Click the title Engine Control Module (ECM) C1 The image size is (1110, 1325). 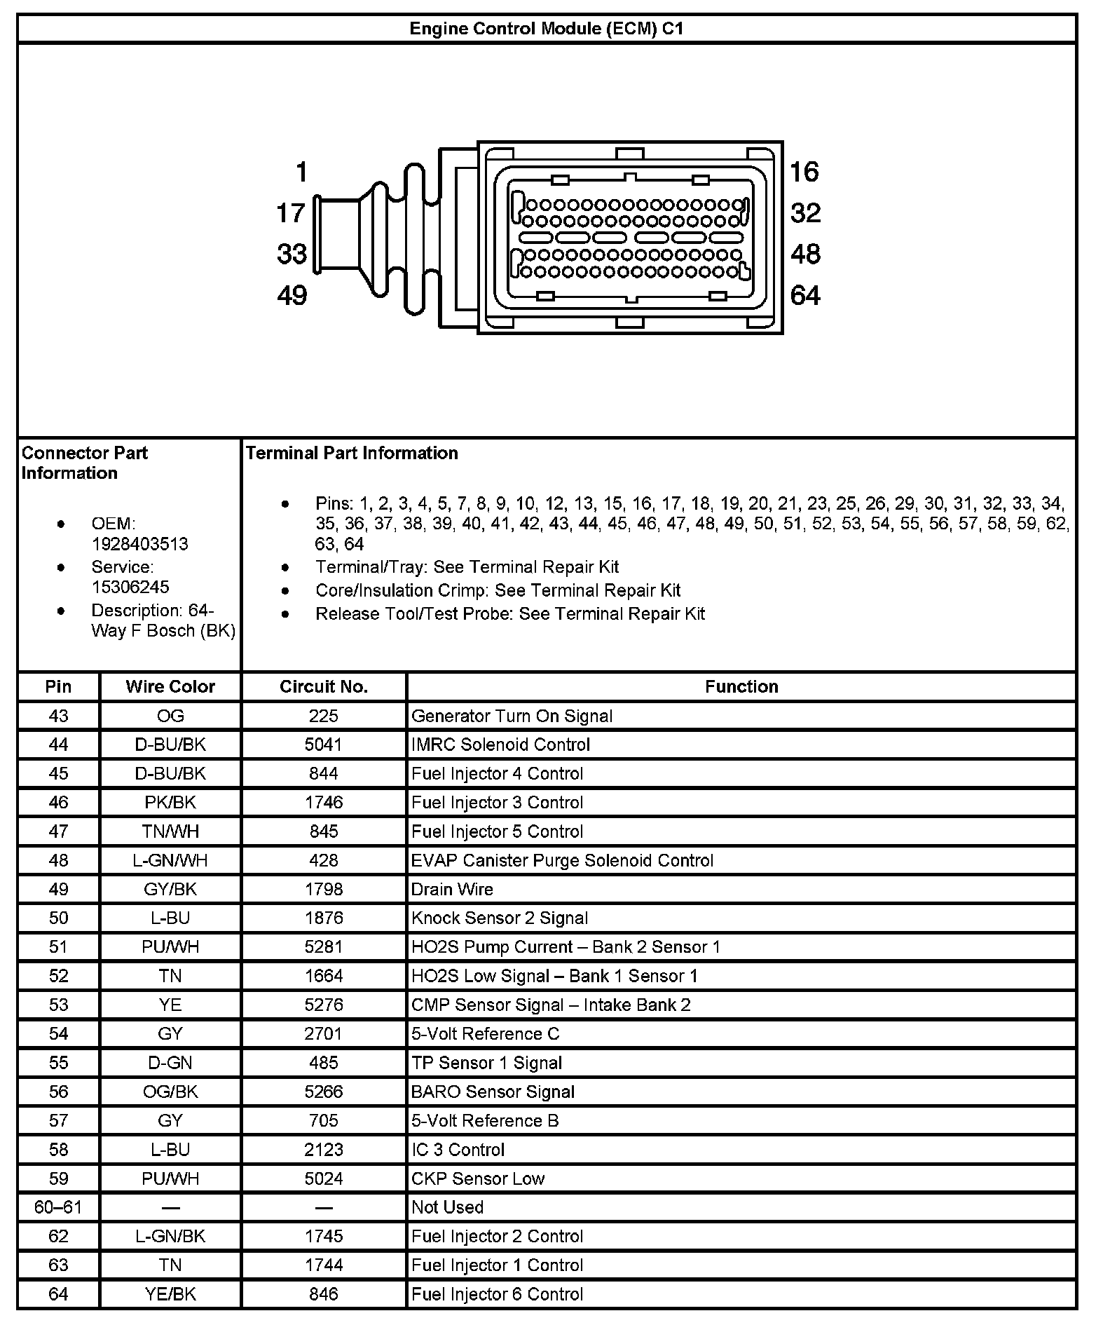(546, 29)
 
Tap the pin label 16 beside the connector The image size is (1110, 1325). (804, 172)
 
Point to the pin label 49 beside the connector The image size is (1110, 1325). (292, 296)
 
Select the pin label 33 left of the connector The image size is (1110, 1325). (292, 254)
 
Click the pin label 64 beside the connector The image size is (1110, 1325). (804, 296)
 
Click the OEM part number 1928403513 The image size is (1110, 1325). (139, 544)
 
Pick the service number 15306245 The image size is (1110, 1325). (130, 587)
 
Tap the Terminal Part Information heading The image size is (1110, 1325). (352, 453)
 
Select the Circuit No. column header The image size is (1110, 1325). (323, 686)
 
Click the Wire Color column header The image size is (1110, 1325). (170, 686)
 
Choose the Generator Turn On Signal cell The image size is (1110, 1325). (512, 716)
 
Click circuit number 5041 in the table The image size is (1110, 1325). (323, 745)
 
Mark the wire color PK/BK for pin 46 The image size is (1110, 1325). (170, 803)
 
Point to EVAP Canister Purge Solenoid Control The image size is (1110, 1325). (562, 860)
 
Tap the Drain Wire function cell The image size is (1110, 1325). (452, 890)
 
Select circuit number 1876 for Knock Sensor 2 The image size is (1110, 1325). (323, 918)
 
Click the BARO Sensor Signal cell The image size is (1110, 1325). (493, 1092)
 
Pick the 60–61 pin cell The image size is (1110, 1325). (58, 1207)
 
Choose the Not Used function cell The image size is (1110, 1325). (447, 1207)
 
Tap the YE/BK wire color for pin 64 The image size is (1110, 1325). (170, 1294)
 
